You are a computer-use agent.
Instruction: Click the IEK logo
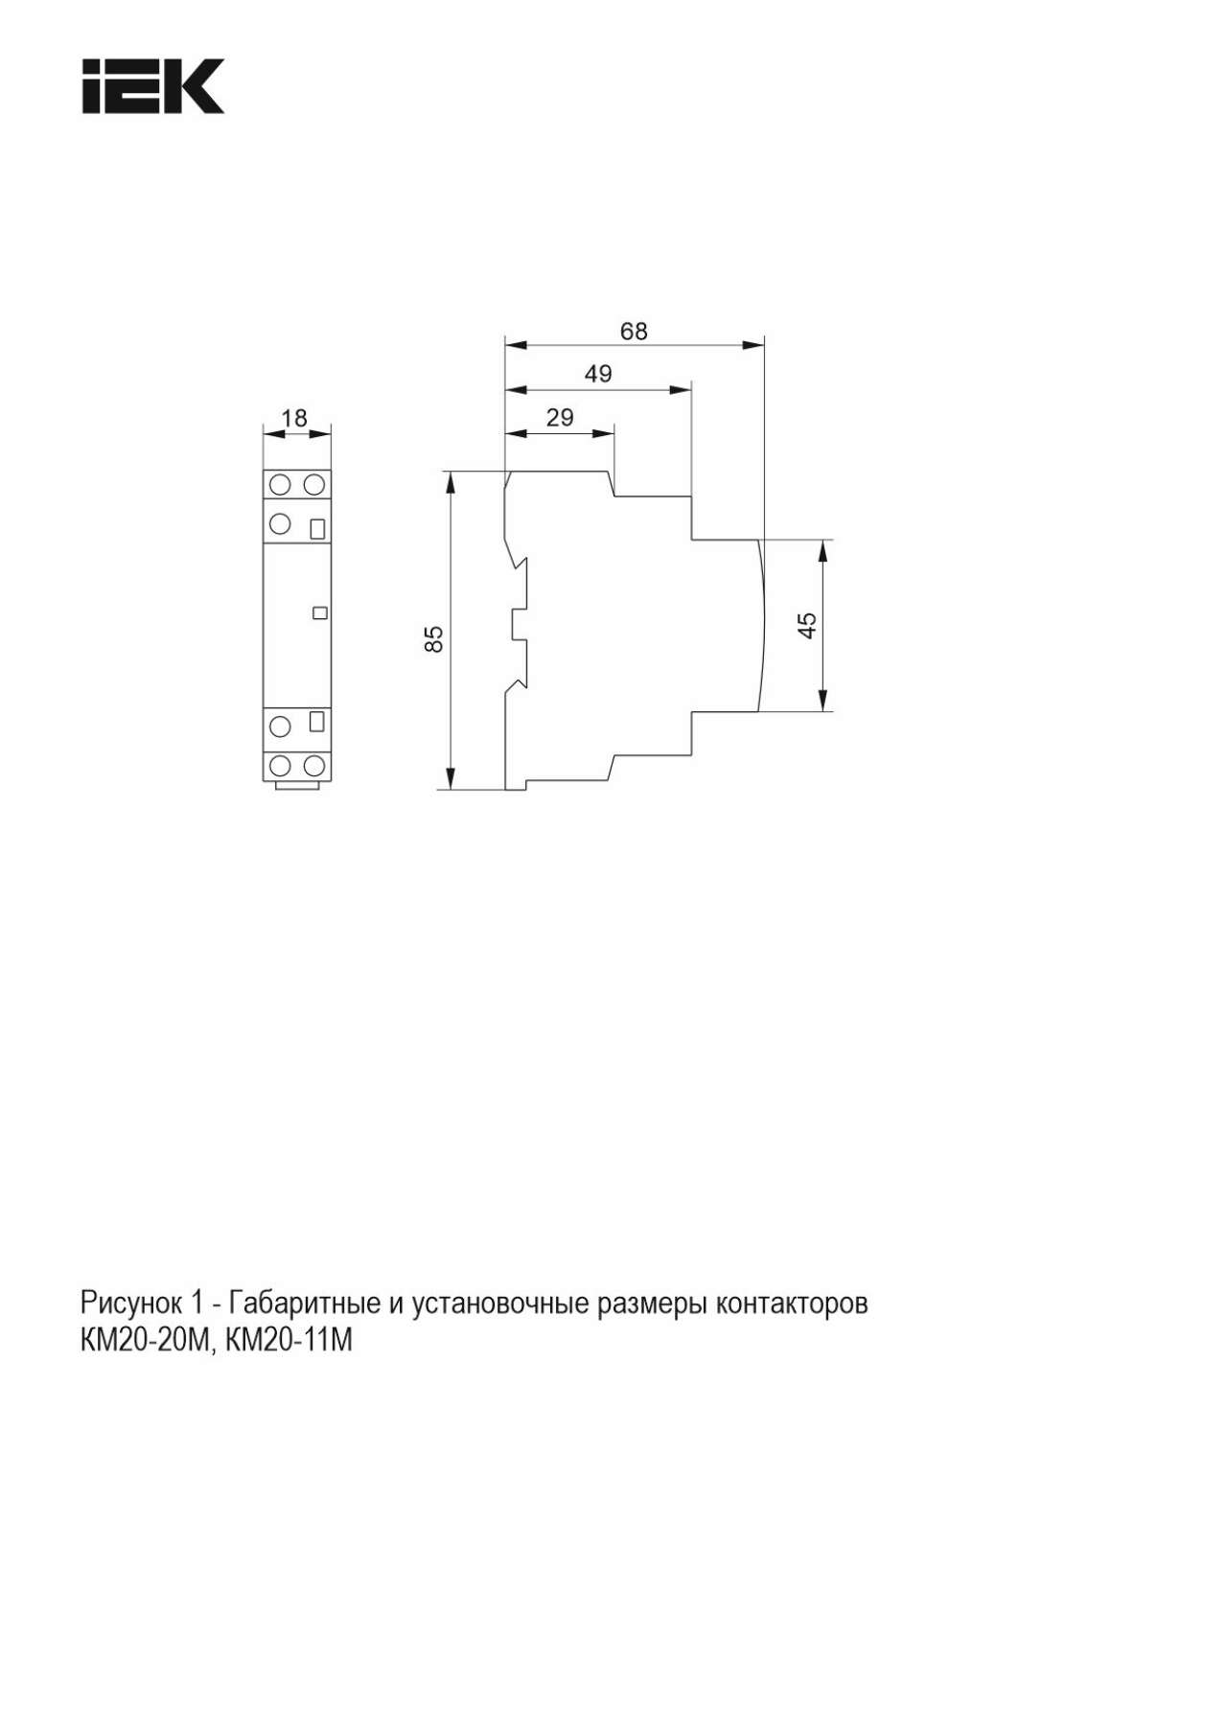coord(152,86)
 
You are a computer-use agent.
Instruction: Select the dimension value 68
coord(634,331)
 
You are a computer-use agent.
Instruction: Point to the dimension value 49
coord(598,374)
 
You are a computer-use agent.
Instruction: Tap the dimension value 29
coord(560,417)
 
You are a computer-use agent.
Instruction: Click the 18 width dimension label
coord(295,418)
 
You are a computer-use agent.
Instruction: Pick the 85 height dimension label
coord(434,638)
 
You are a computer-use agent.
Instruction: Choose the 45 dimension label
coord(807,625)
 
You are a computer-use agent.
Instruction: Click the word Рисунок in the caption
coord(133,1304)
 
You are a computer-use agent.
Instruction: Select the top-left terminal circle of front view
coord(281,484)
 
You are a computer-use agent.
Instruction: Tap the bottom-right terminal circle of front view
coord(313,765)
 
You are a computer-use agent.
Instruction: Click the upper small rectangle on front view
coord(318,528)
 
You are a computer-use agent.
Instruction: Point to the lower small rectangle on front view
coord(318,722)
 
